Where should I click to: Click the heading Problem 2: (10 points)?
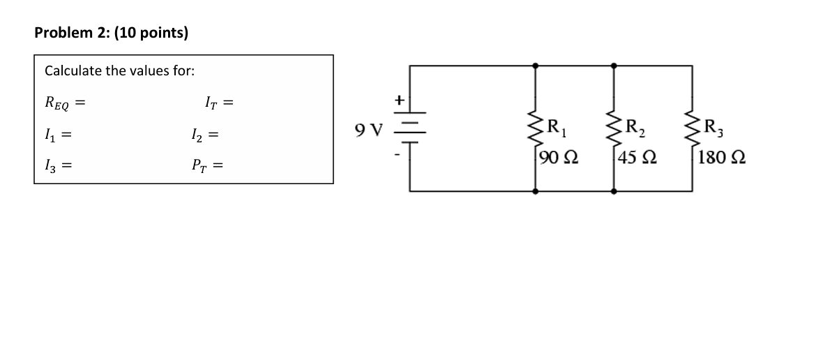[112, 32]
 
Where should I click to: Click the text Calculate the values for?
[119, 71]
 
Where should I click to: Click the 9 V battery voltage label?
[369, 130]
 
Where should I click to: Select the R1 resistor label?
[557, 128]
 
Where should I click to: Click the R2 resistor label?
[635, 128]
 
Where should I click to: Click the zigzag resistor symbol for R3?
[693, 128]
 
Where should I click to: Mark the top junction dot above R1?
[535, 66]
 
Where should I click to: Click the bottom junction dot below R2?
[614, 190]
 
